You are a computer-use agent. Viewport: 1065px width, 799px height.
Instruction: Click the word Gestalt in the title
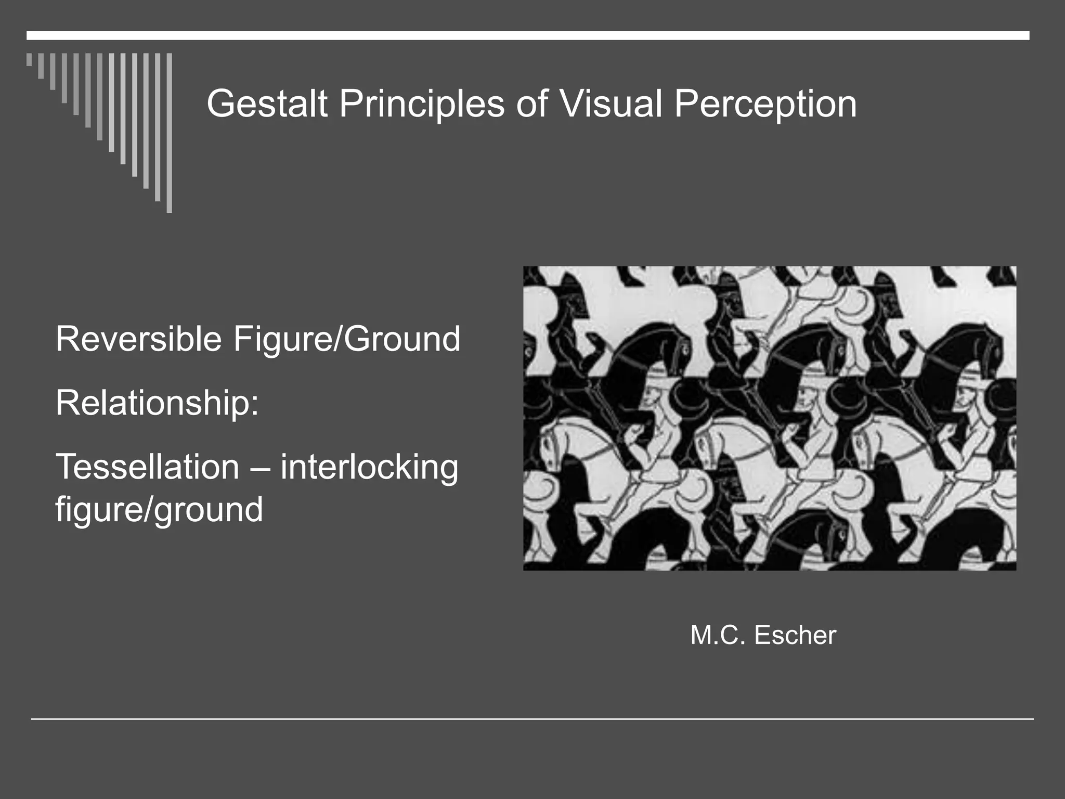pos(267,104)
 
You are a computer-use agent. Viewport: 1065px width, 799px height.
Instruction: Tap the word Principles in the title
pos(422,104)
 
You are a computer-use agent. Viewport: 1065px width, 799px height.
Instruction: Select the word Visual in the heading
pos(611,104)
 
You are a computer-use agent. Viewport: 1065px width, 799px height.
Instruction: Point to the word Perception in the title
pos(765,104)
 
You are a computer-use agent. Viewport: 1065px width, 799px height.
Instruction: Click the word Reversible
pos(138,339)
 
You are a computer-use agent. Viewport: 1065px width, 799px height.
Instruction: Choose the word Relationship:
pos(157,403)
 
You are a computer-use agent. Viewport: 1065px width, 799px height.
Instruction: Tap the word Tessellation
pos(147,467)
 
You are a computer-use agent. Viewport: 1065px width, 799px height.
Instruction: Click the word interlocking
pos(369,468)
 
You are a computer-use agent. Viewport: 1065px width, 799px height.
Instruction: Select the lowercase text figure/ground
pos(159,510)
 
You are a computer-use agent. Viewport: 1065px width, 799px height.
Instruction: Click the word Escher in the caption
pos(795,635)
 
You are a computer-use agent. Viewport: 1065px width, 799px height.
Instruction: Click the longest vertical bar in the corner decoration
pos(169,133)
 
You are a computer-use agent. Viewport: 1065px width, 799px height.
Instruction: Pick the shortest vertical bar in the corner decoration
pos(29,59)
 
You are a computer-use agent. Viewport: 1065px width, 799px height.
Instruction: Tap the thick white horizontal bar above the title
pos(528,35)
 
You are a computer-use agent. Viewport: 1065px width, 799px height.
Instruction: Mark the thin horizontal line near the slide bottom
pos(532,719)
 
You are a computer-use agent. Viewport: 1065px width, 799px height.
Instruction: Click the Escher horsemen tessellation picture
pos(770,418)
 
